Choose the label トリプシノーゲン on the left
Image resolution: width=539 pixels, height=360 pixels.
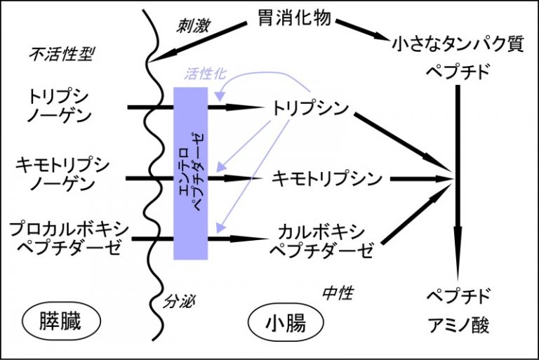pos(61,106)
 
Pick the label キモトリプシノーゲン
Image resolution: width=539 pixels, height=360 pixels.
pos(61,175)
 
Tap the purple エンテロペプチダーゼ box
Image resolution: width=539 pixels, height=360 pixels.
pos(190,173)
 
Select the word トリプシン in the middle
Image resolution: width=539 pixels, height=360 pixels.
pos(310,109)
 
